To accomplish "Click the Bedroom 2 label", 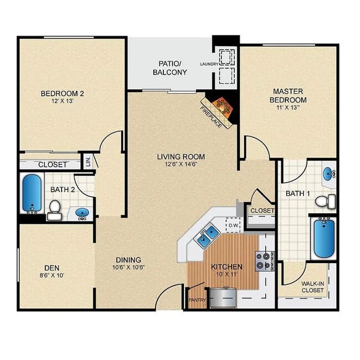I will pos(62,93).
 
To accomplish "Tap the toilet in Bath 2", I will pos(54,208).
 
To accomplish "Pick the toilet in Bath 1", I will pos(330,200).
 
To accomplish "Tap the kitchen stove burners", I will pos(265,261).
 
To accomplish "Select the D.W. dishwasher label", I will pos(233,225).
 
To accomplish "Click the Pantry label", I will pos(197,301).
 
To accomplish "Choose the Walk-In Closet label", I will pos(312,287).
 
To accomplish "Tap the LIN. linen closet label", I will pos(88,162).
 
